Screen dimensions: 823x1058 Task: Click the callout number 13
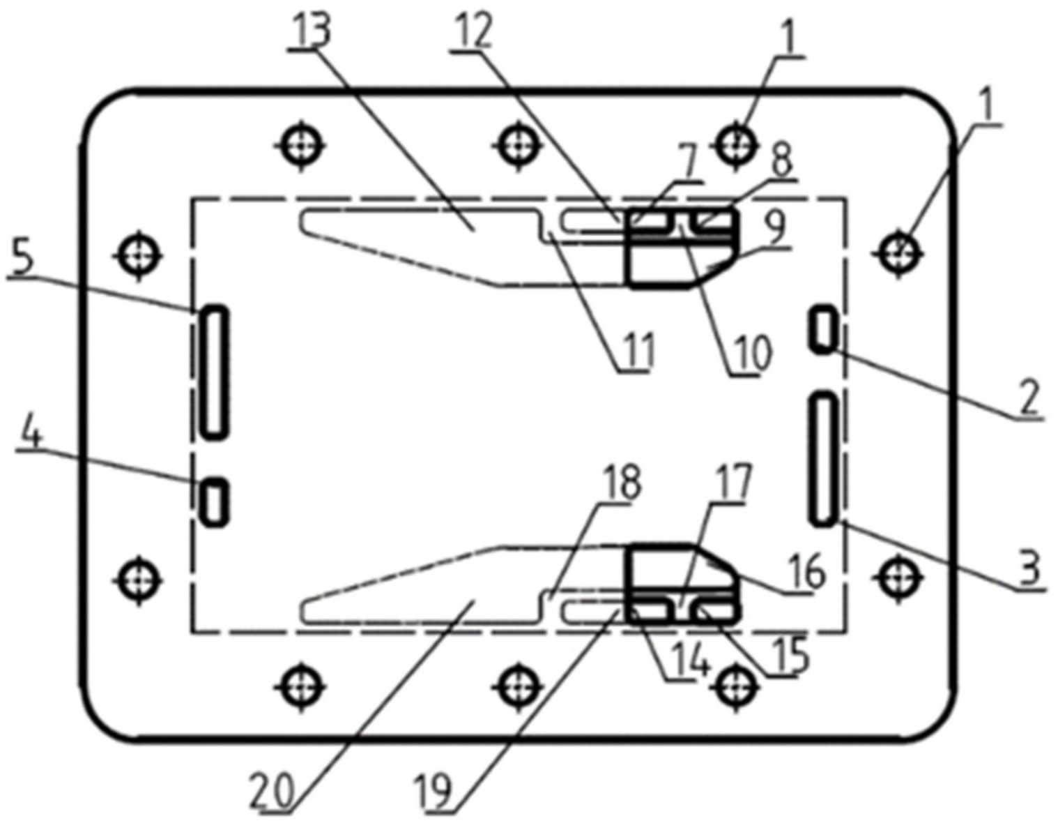point(312,29)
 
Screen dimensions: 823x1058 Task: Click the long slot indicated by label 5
point(215,372)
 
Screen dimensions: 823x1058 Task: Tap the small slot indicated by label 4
point(213,501)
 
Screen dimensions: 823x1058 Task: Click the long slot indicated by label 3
point(823,458)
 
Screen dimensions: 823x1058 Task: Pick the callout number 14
point(690,660)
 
